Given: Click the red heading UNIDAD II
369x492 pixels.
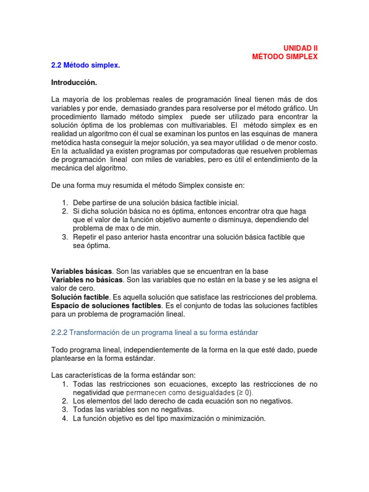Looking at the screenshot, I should click(x=300, y=48).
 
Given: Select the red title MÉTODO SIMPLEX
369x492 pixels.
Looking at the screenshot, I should click(x=285, y=57).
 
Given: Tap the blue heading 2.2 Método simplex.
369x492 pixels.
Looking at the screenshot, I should click(x=85, y=65).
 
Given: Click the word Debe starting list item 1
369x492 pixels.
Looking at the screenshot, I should click(x=81, y=203).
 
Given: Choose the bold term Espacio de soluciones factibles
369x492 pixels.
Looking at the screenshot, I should click(x=106, y=306).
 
